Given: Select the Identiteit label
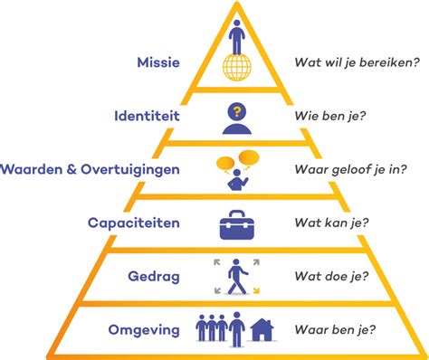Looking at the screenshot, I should [147, 116].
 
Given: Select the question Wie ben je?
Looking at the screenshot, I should [328, 116].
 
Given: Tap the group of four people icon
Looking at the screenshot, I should [217, 327].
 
